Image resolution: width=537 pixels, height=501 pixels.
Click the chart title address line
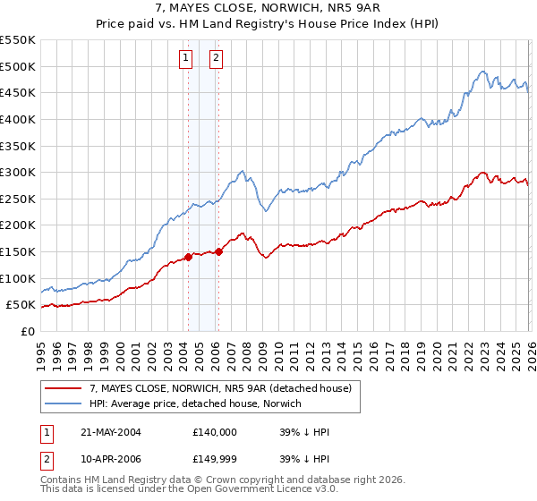click(x=268, y=9)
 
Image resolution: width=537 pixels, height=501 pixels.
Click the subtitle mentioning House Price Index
click(x=268, y=25)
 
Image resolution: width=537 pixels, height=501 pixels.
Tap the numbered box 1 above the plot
click(x=185, y=59)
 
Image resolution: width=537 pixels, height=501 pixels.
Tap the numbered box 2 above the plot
click(x=217, y=59)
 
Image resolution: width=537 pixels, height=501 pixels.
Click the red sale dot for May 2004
click(x=189, y=258)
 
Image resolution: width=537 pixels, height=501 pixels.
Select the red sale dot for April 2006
click(x=219, y=252)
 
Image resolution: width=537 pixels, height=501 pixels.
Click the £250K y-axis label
click(x=18, y=199)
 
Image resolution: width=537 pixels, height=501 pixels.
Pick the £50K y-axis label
click(x=21, y=305)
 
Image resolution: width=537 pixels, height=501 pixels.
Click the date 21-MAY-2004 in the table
click(x=111, y=432)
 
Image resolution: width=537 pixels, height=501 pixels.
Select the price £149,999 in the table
click(x=215, y=459)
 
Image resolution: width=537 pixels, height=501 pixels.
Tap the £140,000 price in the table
click(x=215, y=432)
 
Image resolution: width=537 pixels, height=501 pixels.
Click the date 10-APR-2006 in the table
click(x=111, y=459)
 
